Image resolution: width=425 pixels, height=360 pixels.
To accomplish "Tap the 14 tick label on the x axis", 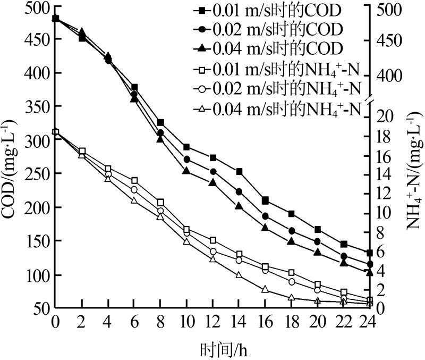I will [239, 321].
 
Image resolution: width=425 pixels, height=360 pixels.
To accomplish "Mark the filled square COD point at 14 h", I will [239, 171].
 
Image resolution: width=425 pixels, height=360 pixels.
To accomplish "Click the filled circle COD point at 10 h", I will [186, 159].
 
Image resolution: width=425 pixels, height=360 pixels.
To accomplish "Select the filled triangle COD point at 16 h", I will [265, 228].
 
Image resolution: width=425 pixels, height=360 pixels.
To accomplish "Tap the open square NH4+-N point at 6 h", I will [134, 181].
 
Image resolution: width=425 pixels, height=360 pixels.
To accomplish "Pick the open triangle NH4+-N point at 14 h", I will [239, 275].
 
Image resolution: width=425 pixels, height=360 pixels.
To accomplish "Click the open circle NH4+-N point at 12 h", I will [213, 252].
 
